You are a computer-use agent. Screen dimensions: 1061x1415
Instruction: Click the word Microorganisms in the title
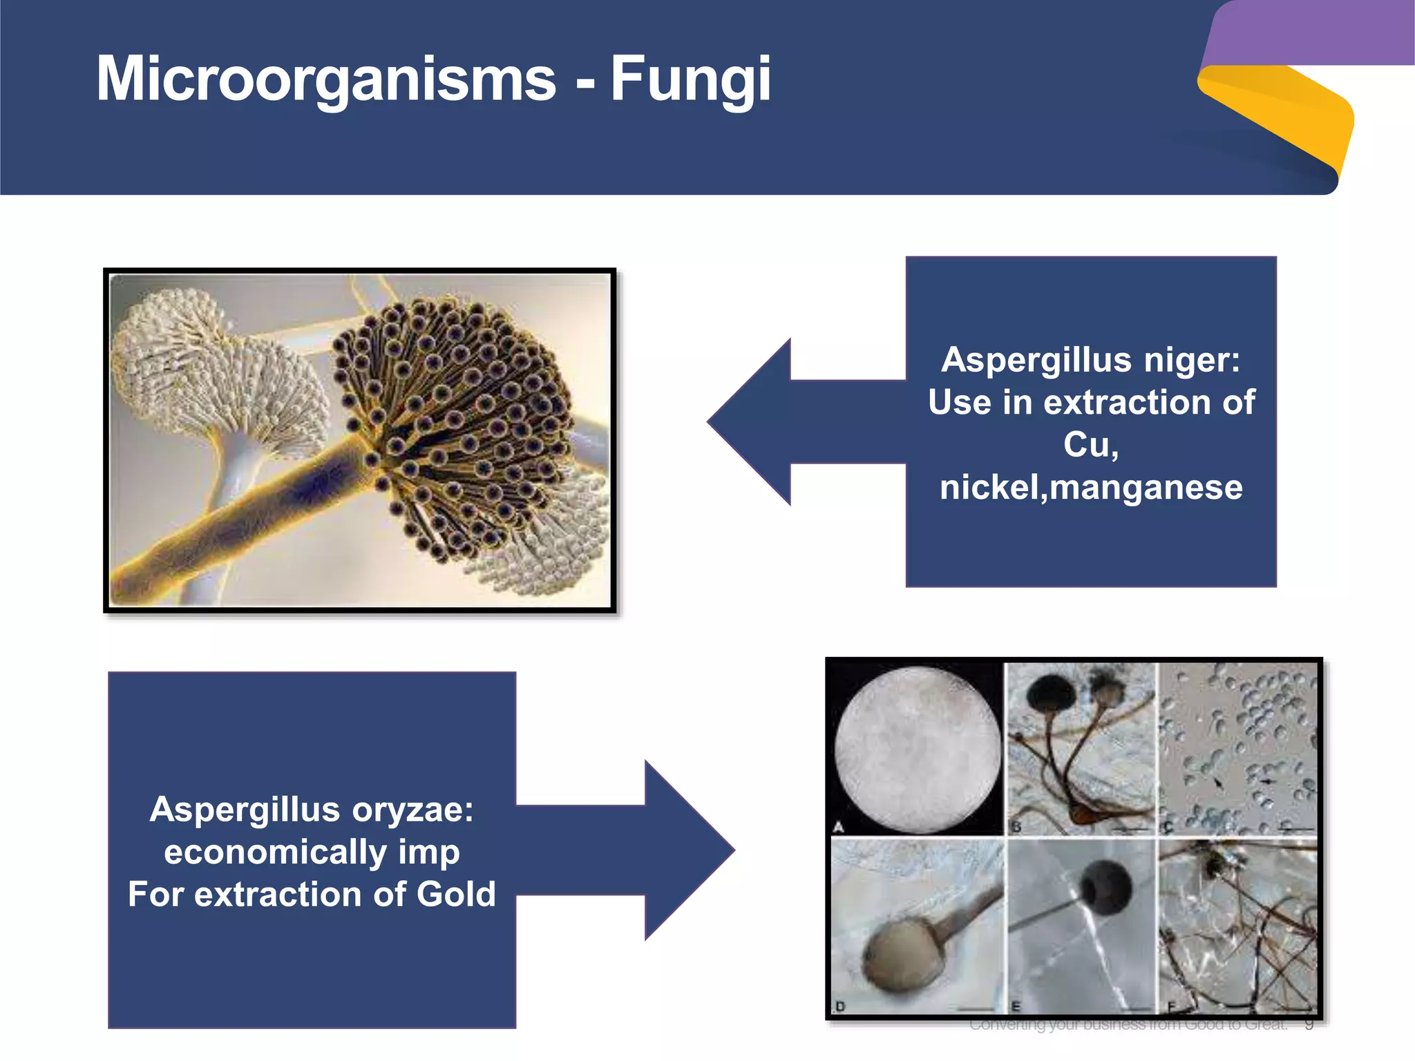[326, 79]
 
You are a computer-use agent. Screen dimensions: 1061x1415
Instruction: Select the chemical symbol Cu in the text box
[1086, 444]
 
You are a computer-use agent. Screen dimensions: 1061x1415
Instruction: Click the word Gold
[456, 894]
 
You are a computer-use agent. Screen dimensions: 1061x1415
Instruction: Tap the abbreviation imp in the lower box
[428, 852]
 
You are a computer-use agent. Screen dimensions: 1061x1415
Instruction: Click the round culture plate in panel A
[917, 749]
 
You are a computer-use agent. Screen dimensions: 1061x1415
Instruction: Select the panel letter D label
[840, 1006]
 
